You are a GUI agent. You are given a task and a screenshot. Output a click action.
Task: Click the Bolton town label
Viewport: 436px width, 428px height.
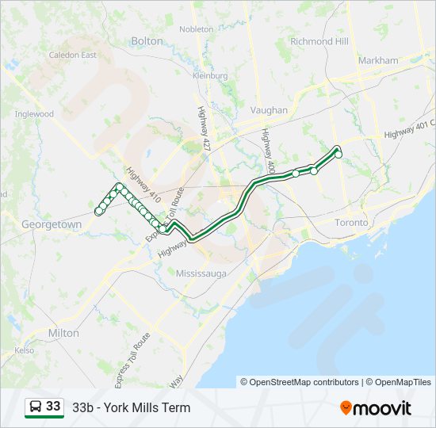click(146, 40)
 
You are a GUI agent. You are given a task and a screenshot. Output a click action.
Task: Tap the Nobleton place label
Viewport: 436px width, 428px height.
click(197, 29)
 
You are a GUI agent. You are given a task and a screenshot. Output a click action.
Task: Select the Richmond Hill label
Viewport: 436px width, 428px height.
click(319, 41)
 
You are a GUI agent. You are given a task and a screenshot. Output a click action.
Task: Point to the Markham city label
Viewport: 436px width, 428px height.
click(378, 60)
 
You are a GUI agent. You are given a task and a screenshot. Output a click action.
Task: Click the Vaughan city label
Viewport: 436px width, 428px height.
click(269, 110)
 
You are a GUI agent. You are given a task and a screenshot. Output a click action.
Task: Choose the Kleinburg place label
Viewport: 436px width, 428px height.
click(210, 75)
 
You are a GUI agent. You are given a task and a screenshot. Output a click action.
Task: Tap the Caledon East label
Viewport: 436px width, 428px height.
click(72, 55)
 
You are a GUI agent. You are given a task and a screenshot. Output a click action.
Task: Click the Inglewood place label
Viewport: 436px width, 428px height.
click(34, 114)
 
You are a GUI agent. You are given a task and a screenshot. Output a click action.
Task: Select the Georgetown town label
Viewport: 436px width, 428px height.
click(51, 224)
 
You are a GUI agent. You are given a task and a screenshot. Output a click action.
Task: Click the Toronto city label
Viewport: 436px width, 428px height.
click(351, 223)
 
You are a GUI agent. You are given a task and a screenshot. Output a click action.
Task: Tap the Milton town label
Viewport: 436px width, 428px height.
click(63, 333)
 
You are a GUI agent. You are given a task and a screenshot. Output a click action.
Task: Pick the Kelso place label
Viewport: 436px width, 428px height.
click(24, 350)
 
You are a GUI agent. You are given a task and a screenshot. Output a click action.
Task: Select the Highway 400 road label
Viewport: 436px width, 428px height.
click(268, 151)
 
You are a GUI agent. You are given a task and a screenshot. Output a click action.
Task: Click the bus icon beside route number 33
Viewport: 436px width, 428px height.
click(36, 407)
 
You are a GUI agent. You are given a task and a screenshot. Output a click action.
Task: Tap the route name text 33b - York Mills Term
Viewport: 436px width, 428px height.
click(132, 408)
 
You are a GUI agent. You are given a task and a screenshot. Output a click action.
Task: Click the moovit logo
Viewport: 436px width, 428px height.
click(376, 408)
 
